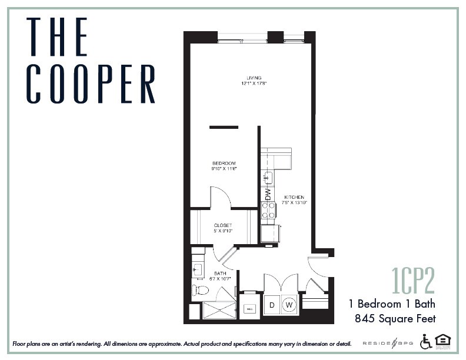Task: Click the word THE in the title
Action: [x=57, y=36]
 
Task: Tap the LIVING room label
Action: [x=254, y=78]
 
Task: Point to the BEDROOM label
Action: [x=224, y=163]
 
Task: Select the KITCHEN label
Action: [x=294, y=197]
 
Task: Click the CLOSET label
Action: [x=223, y=225]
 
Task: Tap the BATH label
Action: [x=220, y=273]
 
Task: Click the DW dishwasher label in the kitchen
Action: [x=268, y=192]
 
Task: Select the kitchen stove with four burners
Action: [x=268, y=210]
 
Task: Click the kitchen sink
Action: [x=268, y=177]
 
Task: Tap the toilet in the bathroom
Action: [x=200, y=290]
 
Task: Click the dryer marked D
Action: [x=272, y=305]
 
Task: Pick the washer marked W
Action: [x=289, y=305]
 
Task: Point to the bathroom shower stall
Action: [x=219, y=309]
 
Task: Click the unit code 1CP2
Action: [x=413, y=281]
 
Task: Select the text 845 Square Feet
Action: [x=395, y=319]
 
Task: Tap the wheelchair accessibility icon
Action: [x=425, y=341]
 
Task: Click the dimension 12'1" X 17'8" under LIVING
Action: [x=254, y=84]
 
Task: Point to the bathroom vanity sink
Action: [x=197, y=269]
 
